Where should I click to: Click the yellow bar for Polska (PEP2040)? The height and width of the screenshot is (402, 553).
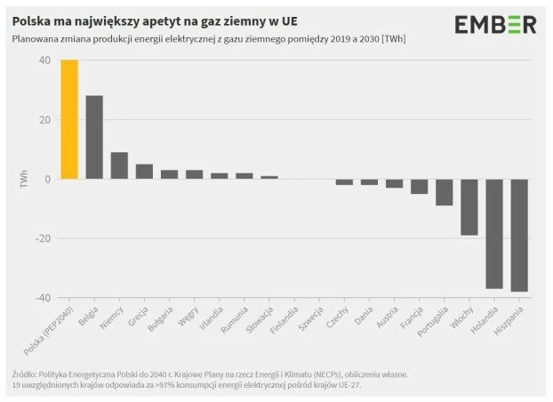69,119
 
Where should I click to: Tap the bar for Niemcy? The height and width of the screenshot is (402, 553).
119,165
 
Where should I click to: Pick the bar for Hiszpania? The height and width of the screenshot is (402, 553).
519,235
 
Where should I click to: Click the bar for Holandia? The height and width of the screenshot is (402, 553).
494,233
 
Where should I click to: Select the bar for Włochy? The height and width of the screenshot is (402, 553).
469,206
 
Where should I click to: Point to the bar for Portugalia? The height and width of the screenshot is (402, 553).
445,192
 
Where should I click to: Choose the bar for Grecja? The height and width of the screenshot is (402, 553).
144,172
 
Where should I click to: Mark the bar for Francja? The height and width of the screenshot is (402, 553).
420,186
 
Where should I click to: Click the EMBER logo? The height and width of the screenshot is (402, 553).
495,25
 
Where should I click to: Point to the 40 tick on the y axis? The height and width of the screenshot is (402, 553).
44,60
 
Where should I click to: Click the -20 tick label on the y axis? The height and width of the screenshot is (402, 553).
41,238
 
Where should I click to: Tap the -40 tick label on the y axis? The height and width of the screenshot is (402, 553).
41,298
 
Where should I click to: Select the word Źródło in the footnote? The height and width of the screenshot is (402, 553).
27,374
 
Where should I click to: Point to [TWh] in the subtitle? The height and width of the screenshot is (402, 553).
379,39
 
